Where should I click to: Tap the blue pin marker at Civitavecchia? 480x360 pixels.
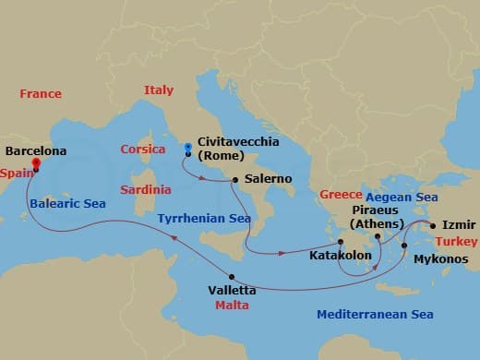tap(187, 148)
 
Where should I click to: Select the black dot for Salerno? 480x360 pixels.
tap(235, 179)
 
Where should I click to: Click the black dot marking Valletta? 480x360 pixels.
tap(232, 277)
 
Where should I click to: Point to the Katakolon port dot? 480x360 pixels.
tap(340, 243)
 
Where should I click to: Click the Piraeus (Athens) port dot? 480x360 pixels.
tap(378, 236)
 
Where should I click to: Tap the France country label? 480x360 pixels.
tap(41, 94)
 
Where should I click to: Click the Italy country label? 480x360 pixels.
tap(159, 90)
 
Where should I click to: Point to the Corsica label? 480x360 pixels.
tap(143, 150)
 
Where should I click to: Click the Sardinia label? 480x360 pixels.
tap(146, 189)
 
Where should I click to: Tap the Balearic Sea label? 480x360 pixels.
tap(67, 203)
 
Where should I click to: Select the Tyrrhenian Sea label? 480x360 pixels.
tap(204, 219)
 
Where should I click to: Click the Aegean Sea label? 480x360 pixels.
tap(402, 198)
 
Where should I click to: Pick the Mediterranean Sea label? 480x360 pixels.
tap(375, 315)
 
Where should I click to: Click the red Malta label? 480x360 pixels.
tap(232, 304)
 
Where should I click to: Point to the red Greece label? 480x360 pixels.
tap(340, 195)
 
